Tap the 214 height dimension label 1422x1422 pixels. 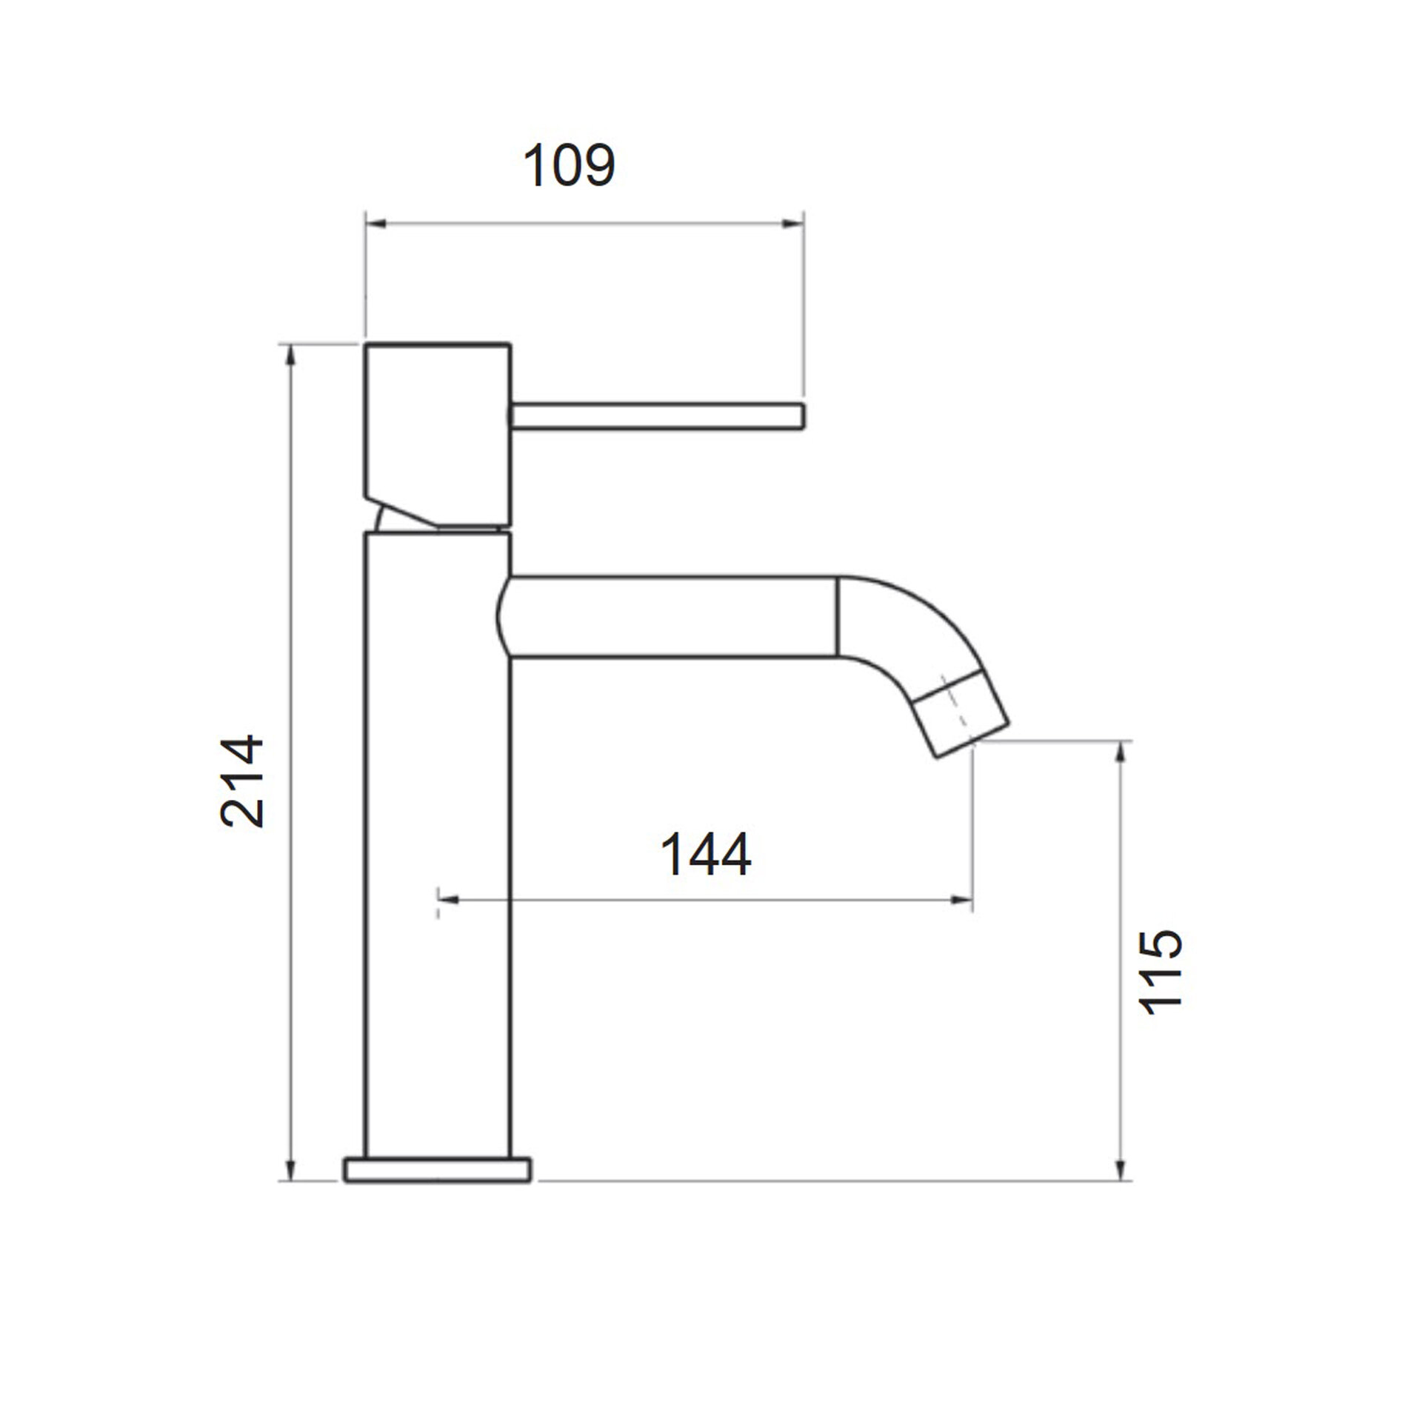tap(242, 781)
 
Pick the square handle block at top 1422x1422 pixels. tap(438, 437)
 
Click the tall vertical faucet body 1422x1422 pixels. tap(438, 845)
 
